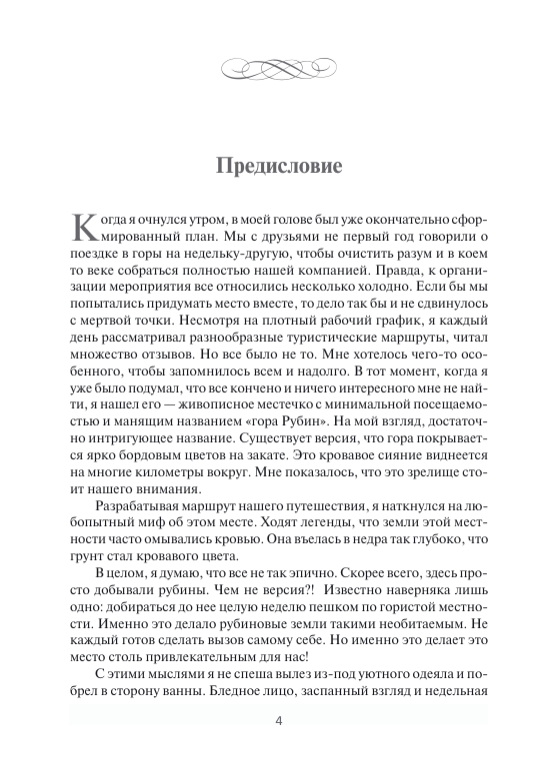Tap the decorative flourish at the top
(279, 68)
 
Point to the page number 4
(279, 748)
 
